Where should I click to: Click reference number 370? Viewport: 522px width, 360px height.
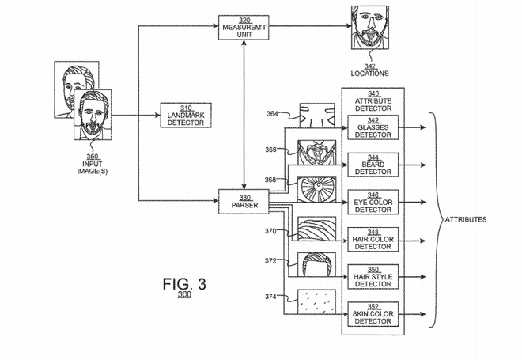tap(272, 231)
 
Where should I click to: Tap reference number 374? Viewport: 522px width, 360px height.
tap(272, 296)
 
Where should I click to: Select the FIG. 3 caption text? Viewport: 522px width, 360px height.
tap(184, 283)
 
